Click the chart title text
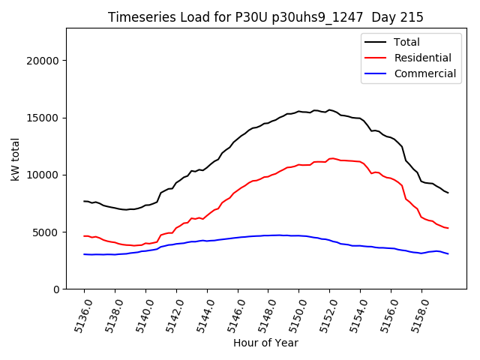(x=265, y=17)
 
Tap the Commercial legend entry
(x=424, y=73)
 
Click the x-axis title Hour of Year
(x=265, y=343)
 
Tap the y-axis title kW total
(x=15, y=159)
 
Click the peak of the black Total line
(x=328, y=109)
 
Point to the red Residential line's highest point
(x=330, y=158)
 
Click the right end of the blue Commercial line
(x=448, y=253)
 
